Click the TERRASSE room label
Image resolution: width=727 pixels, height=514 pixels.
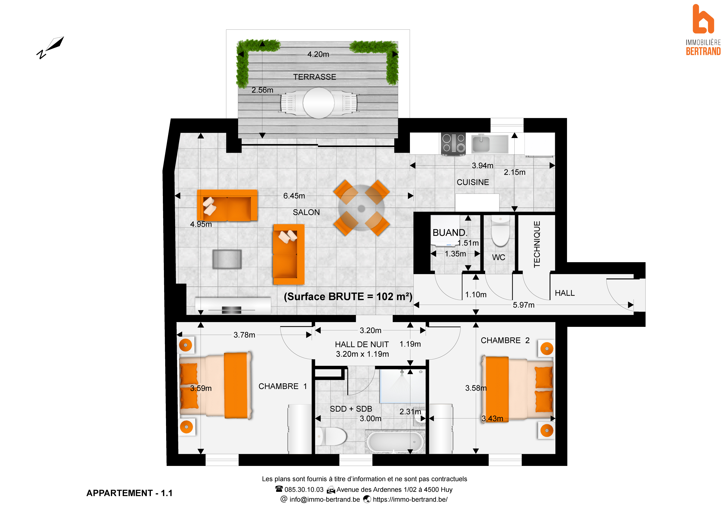[314, 77]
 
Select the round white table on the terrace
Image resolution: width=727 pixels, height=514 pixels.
[319, 103]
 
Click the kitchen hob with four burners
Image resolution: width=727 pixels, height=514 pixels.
[453, 144]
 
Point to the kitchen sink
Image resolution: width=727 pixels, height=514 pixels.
[490, 144]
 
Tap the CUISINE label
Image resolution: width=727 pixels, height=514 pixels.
[473, 182]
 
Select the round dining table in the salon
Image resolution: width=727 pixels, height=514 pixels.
[361, 208]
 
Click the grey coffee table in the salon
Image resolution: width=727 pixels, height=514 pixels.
[227, 259]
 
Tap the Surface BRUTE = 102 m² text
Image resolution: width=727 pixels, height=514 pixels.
[348, 297]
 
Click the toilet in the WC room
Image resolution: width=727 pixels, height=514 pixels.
[500, 231]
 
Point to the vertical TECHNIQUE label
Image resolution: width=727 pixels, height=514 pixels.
[537, 244]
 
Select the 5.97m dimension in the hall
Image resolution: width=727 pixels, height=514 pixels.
[523, 305]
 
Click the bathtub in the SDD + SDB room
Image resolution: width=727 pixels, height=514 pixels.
[395, 441]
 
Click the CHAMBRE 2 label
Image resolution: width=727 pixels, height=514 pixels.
[505, 341]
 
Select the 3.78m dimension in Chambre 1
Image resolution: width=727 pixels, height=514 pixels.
[244, 335]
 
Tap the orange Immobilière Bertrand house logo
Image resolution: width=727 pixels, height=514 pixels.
[703, 19]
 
